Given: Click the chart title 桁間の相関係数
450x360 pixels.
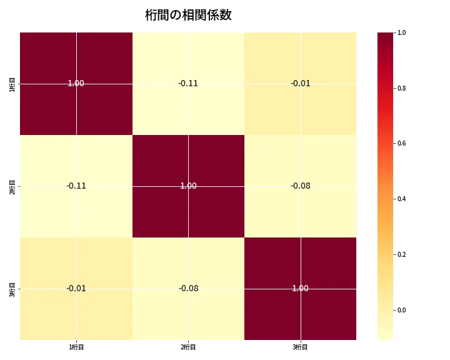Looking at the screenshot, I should pos(188,15).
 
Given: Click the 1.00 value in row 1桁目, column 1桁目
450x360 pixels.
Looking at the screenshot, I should pos(76,83).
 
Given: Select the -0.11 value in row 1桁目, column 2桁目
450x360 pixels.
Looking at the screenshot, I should pos(188,83).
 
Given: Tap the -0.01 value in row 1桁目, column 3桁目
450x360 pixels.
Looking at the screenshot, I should pos(301,83).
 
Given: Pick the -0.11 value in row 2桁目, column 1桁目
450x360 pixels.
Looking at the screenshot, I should pos(76,186).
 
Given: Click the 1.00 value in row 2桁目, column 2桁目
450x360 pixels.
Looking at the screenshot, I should pos(188,186).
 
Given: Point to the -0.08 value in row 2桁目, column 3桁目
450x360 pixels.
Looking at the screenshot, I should pos(301,186).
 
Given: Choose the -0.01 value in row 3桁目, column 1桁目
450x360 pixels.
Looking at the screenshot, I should pos(76,288).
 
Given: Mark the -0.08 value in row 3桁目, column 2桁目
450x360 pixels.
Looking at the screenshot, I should pos(188,288).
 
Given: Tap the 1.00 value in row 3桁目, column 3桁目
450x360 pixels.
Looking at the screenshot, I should pos(301,288).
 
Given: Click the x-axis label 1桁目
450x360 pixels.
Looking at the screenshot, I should pos(76,347).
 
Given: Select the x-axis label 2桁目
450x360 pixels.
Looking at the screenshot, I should pos(188,347).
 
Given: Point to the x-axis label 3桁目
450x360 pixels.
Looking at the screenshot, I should pos(301,347).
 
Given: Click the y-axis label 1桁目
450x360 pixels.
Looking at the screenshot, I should pos(12,84).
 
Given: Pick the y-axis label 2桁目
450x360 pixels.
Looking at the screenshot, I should pos(12,186).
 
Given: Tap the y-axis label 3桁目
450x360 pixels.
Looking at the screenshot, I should pos(12,289).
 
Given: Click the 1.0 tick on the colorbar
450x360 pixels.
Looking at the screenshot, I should pos(401,32).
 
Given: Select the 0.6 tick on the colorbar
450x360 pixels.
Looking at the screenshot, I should pos(401,144).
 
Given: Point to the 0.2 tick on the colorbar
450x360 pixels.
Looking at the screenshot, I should pos(401,254).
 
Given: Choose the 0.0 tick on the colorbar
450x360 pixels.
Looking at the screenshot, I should pos(401,310).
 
